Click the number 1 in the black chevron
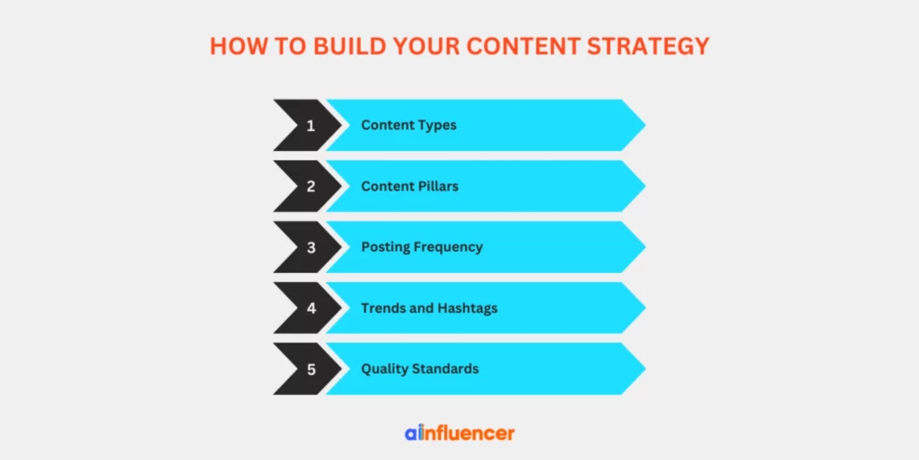[311, 125]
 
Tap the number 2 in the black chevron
[311, 186]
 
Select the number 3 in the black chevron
[311, 247]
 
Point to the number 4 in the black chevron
[311, 308]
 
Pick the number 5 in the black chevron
[311, 368]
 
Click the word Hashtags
[467, 308]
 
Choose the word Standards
[446, 368]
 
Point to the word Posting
[385, 247]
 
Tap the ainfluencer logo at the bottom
[459, 433]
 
